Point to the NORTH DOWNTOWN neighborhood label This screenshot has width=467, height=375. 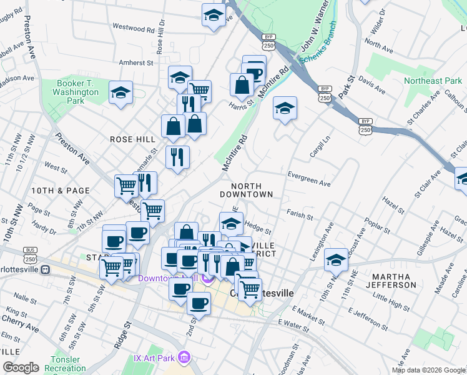click(x=252, y=190)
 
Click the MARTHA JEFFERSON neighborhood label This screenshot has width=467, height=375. click(x=393, y=280)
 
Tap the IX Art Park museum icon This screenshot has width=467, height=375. click(x=184, y=357)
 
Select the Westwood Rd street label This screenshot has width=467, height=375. click(x=133, y=28)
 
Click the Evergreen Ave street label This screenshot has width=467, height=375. click(x=309, y=176)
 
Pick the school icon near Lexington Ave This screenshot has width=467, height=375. click(x=336, y=258)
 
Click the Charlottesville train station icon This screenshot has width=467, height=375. click(x=44, y=270)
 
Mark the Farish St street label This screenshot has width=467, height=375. click(x=300, y=216)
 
